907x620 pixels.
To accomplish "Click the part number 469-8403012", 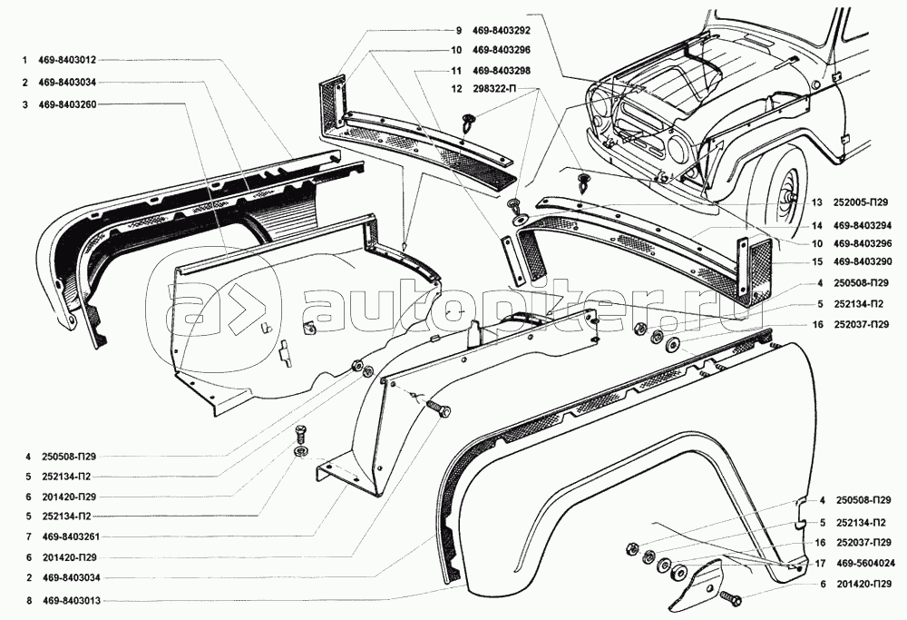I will pos(69,61).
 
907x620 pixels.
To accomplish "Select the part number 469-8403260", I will pos(69,104).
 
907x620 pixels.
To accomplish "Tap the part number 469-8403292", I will pos(504,30).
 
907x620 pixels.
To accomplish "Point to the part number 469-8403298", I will pos(504,70).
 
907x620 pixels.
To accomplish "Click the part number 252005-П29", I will pos(863,203).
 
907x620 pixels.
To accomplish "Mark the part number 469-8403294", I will pos(863,224).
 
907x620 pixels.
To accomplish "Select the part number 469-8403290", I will pos(863,263).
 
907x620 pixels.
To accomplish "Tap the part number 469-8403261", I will pos(69,536).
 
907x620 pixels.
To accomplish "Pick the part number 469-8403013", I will pos(69,600).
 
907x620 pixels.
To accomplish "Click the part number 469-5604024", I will pos(863,562).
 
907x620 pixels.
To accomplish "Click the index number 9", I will pos(459,30).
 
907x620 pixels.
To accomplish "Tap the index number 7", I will pos(29,536).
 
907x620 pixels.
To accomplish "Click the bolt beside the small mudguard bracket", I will pos(730,599).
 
